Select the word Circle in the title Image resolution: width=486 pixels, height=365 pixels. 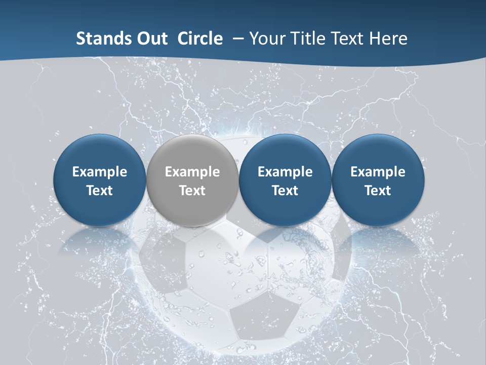click(200, 39)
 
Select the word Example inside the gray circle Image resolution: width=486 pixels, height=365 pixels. click(192, 172)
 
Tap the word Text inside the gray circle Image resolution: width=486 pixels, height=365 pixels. click(192, 191)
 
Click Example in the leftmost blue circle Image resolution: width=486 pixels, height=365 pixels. click(100, 172)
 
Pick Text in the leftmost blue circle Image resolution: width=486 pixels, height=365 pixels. click(100, 191)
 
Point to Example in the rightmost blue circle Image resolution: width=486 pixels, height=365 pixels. click(378, 172)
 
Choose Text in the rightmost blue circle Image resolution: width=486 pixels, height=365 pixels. click(378, 191)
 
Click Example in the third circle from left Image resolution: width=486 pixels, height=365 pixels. click(285, 172)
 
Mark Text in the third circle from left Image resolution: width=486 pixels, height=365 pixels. click(285, 191)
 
